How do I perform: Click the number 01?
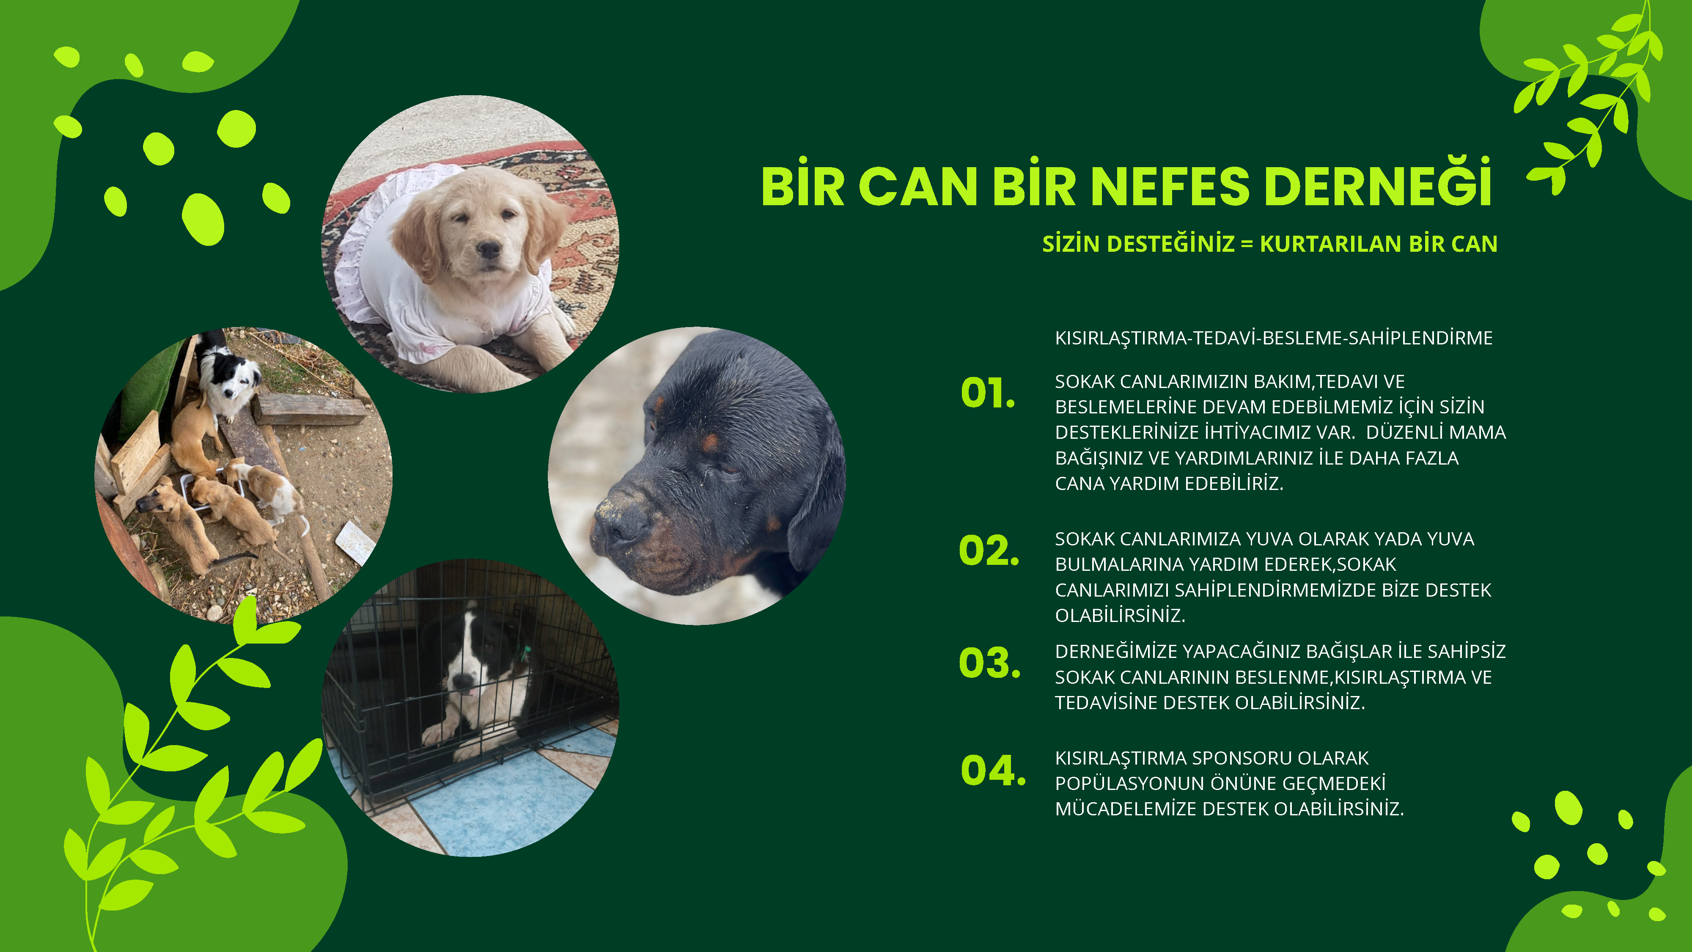tap(988, 393)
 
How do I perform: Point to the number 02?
tap(989, 550)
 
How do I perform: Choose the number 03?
tap(989, 662)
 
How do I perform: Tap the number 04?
tap(992, 770)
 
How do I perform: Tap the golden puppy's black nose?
tap(488, 249)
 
